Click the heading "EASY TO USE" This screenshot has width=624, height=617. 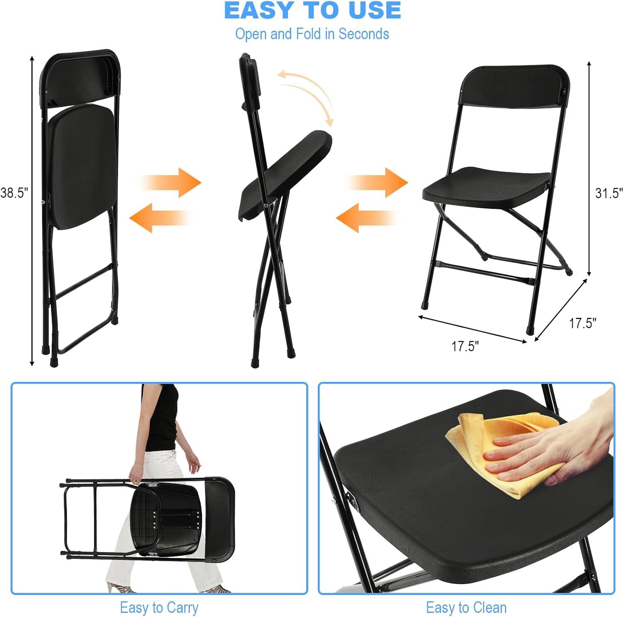tap(312, 10)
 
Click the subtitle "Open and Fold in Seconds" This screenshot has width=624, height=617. tap(312, 34)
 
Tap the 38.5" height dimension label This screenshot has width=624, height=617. tap(14, 193)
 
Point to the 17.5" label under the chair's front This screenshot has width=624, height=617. tap(465, 346)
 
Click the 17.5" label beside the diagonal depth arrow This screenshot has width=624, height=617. tap(582, 323)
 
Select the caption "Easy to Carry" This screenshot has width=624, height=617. tap(159, 607)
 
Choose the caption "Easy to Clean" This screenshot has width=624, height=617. tap(466, 607)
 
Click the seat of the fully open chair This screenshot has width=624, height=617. tap(487, 185)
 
